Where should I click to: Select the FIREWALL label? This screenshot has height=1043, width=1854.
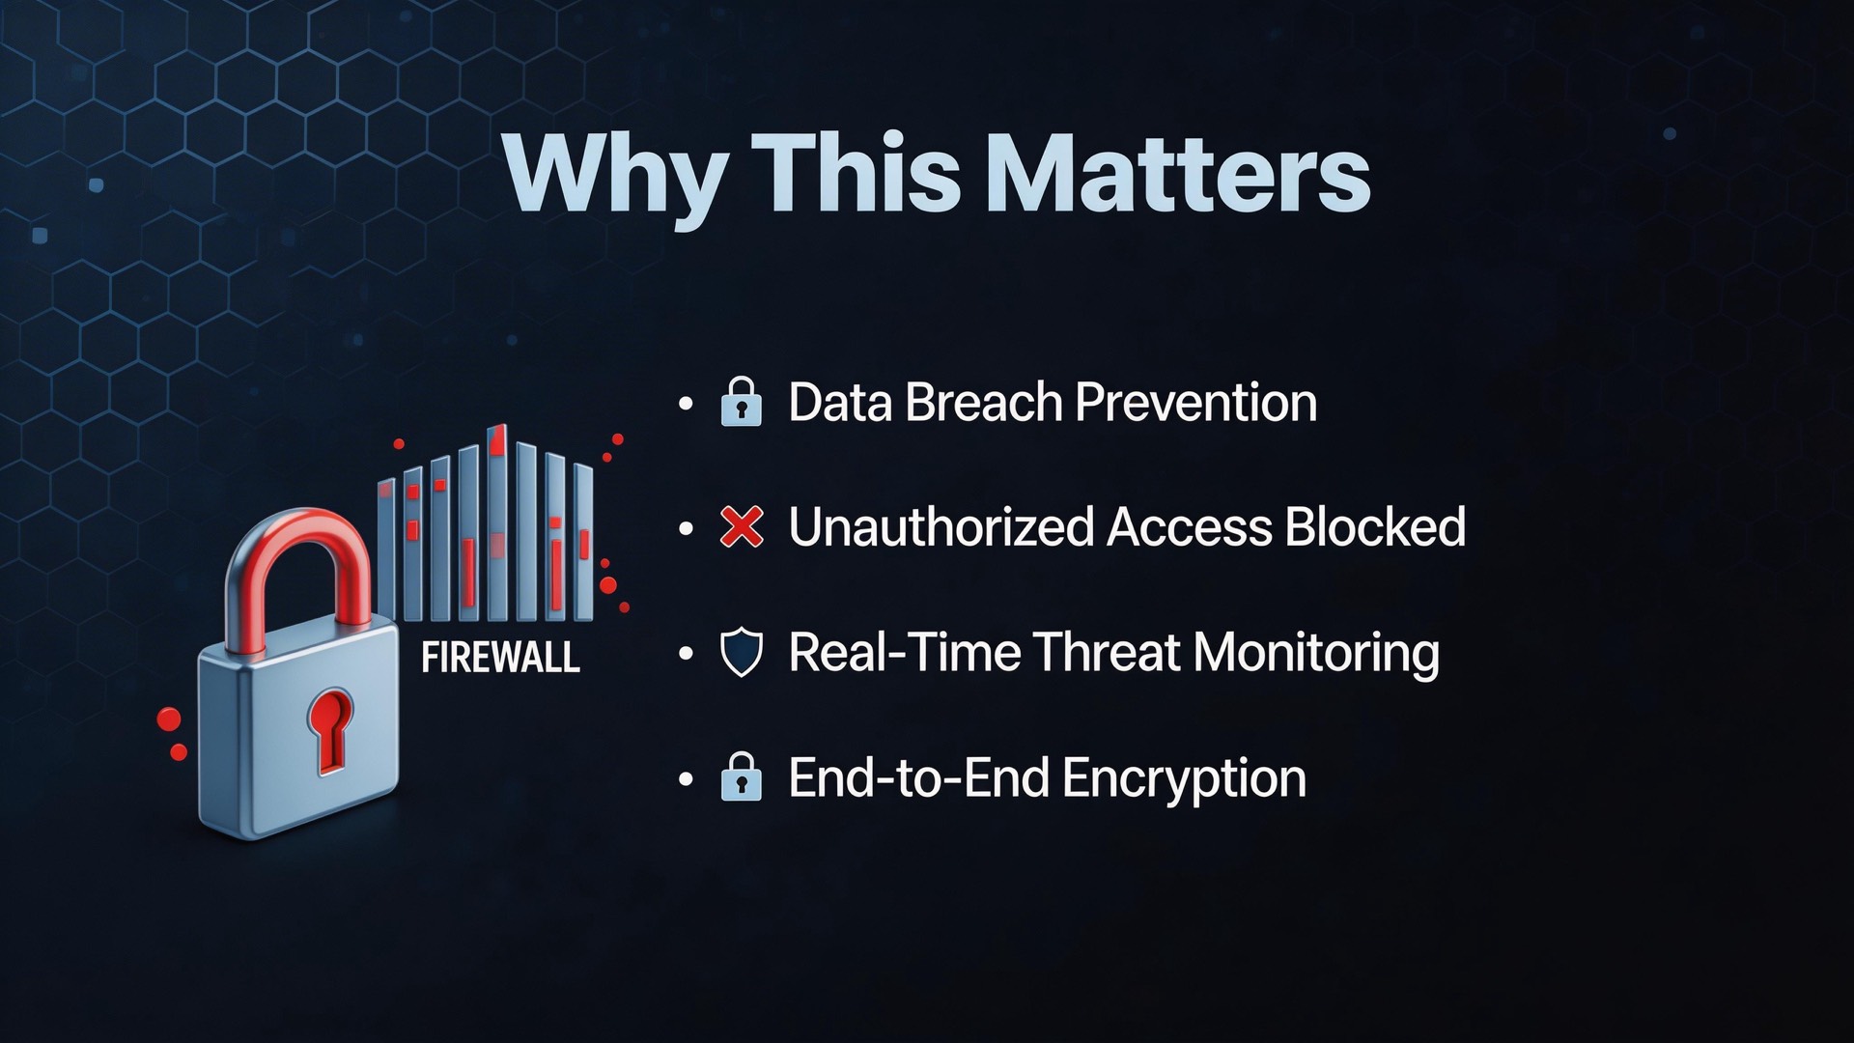(501, 658)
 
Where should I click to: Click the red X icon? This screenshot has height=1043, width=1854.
(742, 526)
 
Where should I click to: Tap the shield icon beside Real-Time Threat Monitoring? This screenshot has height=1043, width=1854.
(742, 652)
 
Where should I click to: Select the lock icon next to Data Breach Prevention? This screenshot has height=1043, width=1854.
(742, 402)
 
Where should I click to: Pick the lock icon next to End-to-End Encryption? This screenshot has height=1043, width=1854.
(742, 777)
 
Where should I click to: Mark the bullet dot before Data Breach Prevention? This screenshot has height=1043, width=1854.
(687, 404)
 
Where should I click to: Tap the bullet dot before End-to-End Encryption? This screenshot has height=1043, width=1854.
(687, 779)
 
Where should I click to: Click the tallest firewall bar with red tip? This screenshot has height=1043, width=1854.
(497, 522)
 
